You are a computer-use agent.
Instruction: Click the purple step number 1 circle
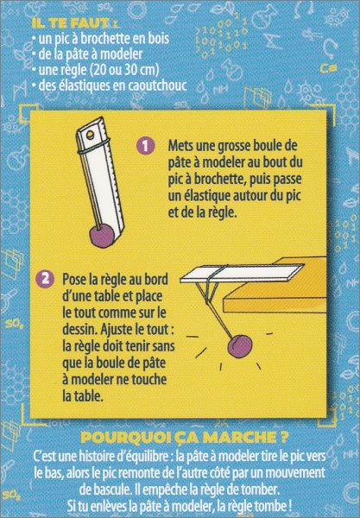145,146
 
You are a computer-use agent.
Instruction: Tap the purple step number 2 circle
46,279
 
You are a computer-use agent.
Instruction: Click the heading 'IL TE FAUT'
74,23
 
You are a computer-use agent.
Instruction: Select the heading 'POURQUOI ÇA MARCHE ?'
184,438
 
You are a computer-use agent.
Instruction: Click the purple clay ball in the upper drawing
103,236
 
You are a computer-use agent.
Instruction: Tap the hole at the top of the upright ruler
89,134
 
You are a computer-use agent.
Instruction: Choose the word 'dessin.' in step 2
80,330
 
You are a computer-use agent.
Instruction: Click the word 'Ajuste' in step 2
117,330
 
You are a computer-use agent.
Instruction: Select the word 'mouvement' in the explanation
295,473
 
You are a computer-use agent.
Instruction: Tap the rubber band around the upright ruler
94,147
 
